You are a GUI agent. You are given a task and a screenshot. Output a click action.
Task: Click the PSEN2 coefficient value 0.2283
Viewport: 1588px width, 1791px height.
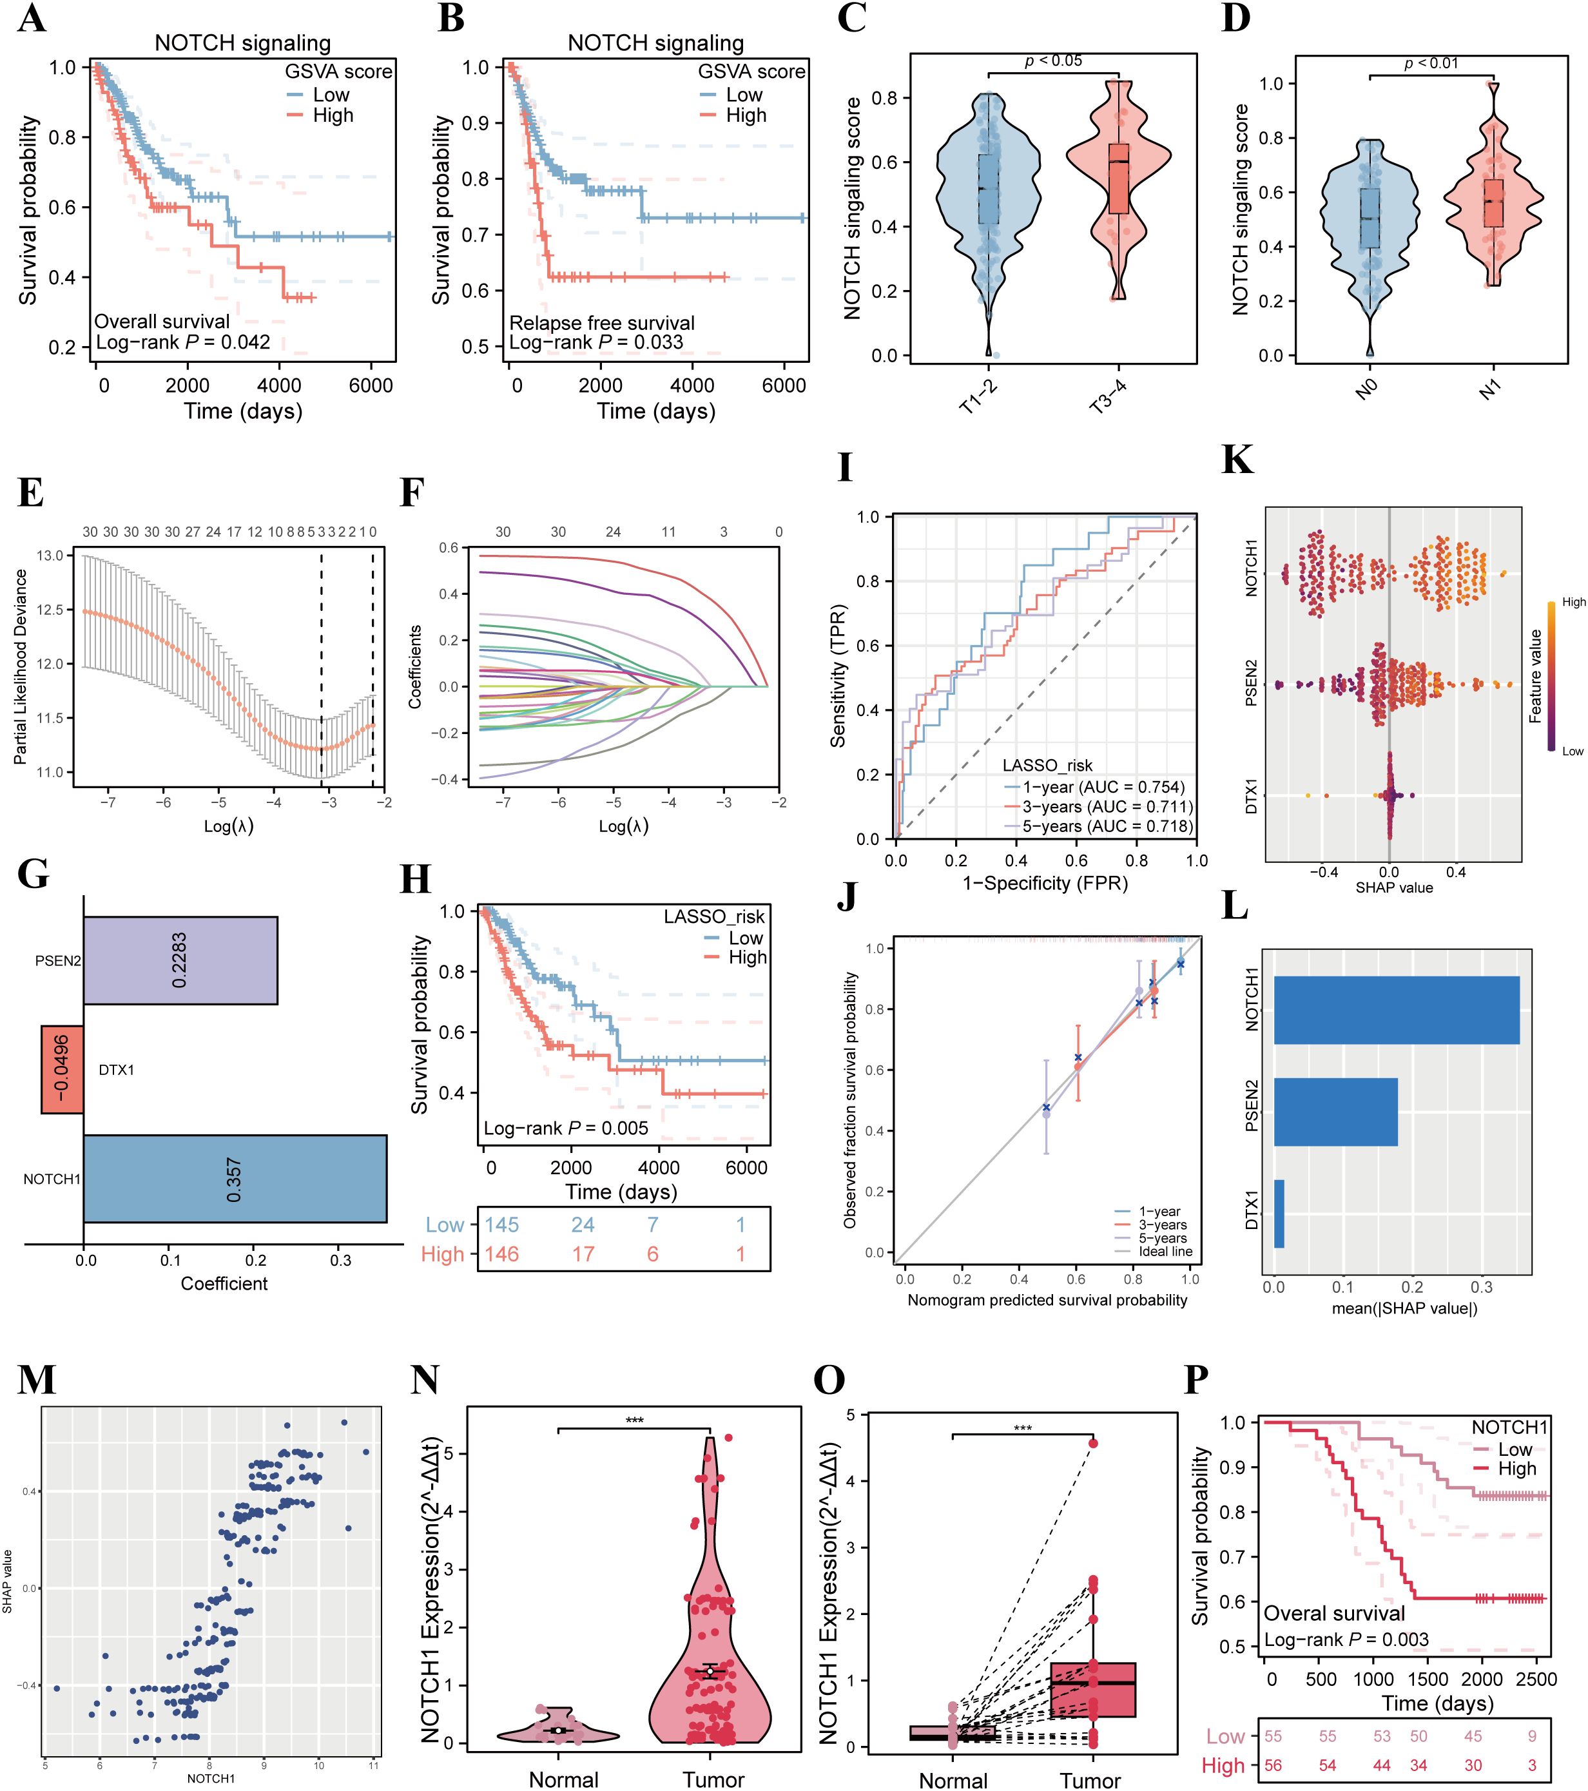point(180,960)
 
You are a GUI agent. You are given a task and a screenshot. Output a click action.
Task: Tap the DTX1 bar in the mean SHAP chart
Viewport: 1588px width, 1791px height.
point(1279,1214)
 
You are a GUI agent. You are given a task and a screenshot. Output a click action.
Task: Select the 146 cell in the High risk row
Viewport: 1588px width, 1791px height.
point(502,1254)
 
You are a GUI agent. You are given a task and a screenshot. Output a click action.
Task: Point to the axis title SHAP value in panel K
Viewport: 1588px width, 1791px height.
point(1393,887)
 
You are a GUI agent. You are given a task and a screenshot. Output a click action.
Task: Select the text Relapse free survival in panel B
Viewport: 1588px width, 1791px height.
point(601,322)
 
